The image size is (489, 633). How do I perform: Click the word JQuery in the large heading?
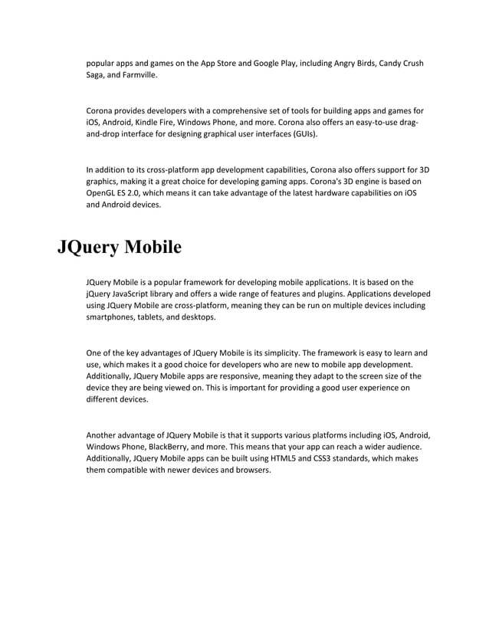pyautogui.click(x=87, y=248)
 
